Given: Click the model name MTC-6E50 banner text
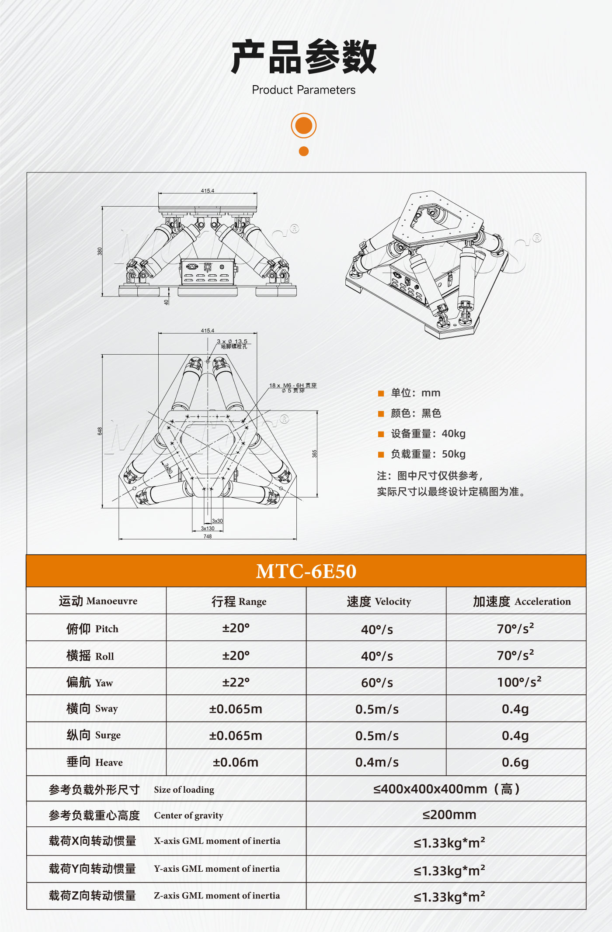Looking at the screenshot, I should click(x=306, y=571).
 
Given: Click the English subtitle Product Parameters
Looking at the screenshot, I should click(x=303, y=90).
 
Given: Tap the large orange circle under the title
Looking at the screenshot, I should click(x=303, y=126).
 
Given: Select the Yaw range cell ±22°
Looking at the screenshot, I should click(x=236, y=682).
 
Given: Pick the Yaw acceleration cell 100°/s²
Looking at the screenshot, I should click(x=519, y=682).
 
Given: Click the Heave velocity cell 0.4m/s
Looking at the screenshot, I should click(x=377, y=763).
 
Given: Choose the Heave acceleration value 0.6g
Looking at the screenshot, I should click(x=515, y=763).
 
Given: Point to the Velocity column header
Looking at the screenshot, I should click(x=379, y=602).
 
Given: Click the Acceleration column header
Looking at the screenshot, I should click(x=522, y=602).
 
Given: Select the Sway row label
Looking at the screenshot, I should click(x=92, y=708).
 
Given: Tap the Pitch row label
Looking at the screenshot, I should click(x=92, y=629).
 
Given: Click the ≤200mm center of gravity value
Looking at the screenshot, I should click(x=449, y=815).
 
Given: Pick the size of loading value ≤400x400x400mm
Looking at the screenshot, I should click(x=446, y=789).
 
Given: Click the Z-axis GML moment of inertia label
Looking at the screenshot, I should click(x=216, y=896).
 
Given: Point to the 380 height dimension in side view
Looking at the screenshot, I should click(x=100, y=251).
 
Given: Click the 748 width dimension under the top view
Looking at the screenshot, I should click(x=208, y=536).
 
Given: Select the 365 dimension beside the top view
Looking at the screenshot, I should click(x=314, y=454).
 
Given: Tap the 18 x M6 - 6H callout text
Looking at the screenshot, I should click(x=292, y=386).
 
